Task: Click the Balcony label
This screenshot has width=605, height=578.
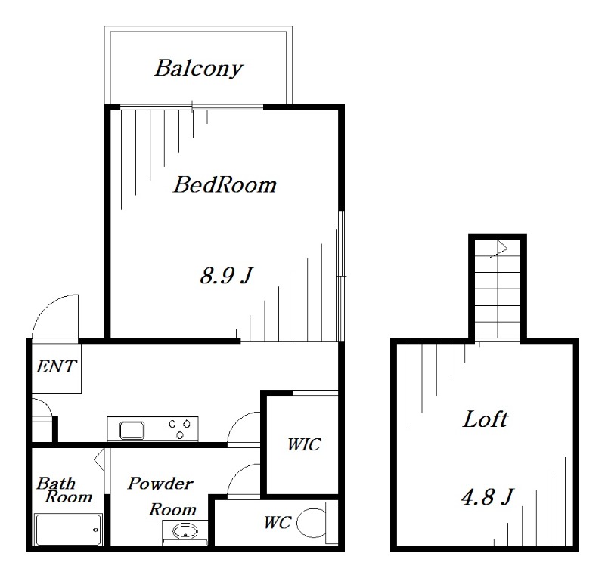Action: click(x=198, y=68)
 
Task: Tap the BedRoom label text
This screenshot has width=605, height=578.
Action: click(x=225, y=184)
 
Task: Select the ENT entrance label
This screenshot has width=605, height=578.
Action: click(x=56, y=367)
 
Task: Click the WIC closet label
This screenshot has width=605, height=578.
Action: click(x=302, y=444)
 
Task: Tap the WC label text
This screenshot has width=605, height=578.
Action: click(x=277, y=522)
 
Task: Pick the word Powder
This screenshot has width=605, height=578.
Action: click(x=160, y=484)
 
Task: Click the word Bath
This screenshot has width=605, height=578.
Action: click(x=55, y=482)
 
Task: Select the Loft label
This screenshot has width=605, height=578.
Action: click(x=485, y=419)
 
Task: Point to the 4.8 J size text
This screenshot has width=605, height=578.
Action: click(x=487, y=498)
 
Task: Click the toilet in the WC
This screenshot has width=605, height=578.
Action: click(x=312, y=522)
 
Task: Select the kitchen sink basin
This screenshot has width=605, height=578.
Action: click(x=132, y=430)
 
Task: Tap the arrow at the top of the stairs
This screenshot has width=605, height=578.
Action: click(x=499, y=248)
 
